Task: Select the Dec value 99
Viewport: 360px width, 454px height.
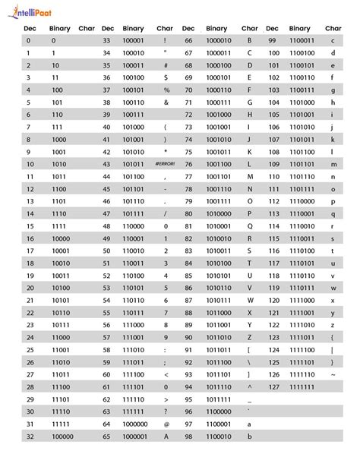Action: [x=272, y=39]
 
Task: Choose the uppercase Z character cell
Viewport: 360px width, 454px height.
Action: [x=249, y=337]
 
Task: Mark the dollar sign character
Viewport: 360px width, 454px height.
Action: [x=165, y=77]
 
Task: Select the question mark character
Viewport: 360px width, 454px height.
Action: [x=165, y=411]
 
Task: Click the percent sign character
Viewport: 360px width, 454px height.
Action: [x=165, y=90]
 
